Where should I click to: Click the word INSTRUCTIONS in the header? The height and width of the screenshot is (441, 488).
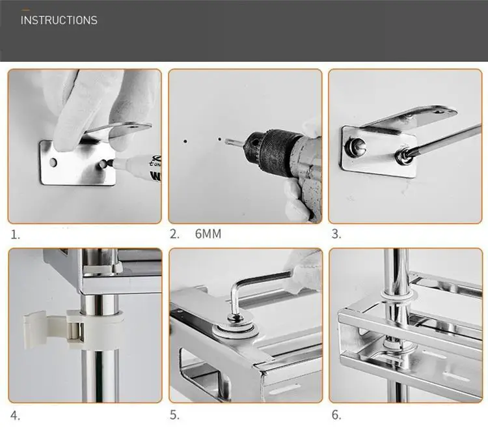[x=59, y=20]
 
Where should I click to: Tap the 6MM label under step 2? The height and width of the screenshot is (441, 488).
[x=208, y=234]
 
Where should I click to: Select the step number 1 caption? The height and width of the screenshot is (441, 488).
[x=15, y=235]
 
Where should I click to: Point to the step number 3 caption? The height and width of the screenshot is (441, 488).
[x=336, y=234]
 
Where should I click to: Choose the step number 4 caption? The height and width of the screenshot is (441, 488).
[x=15, y=416]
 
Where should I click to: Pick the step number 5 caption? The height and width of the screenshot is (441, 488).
[x=174, y=415]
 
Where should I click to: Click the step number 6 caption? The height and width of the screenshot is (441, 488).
[x=336, y=415]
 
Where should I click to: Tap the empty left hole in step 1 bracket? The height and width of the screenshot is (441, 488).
[x=53, y=162]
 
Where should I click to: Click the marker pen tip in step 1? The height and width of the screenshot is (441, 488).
[x=108, y=163]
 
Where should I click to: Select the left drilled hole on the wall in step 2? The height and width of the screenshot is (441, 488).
[x=185, y=141]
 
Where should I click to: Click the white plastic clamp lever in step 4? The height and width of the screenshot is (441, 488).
[x=45, y=329]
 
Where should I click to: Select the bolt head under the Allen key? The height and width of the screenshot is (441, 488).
[x=236, y=319]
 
